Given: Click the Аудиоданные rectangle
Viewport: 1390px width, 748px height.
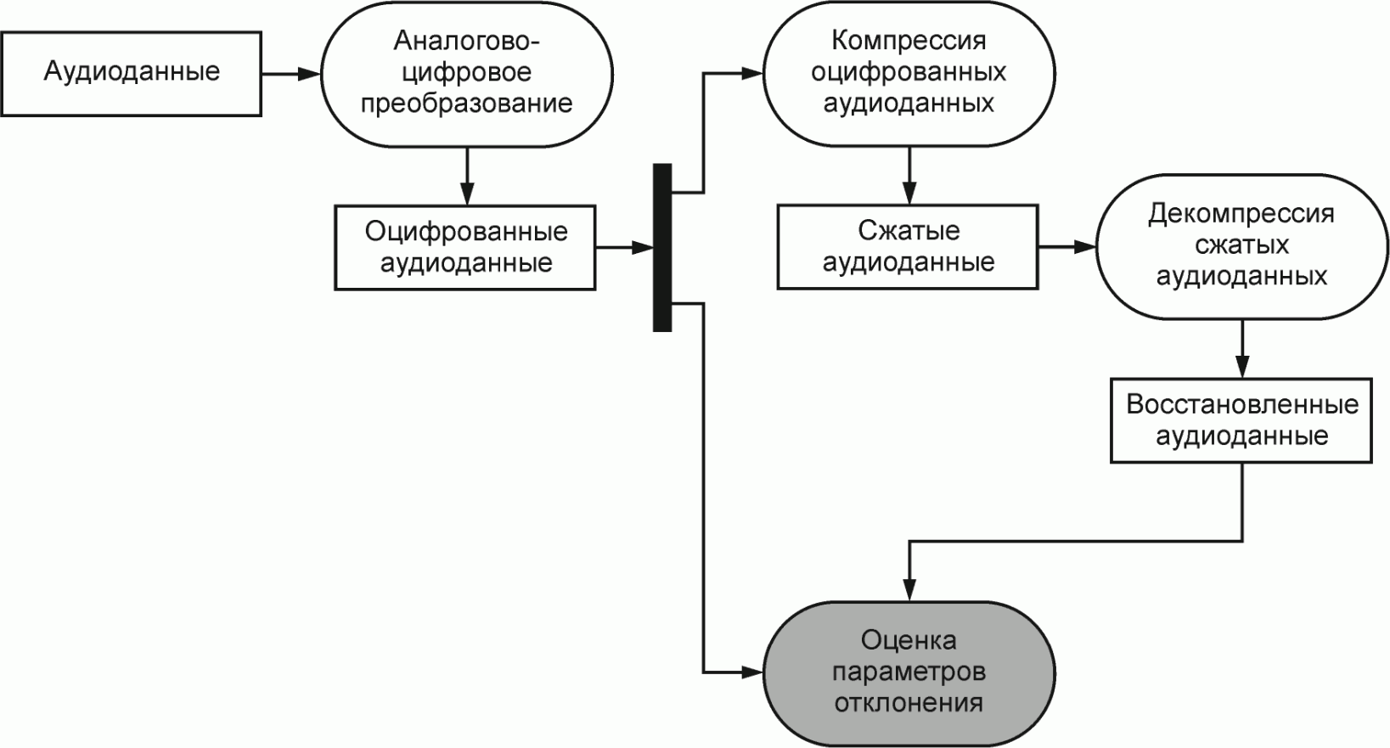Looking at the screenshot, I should [131, 74].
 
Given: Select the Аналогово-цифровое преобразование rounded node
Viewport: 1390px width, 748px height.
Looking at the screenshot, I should [466, 74].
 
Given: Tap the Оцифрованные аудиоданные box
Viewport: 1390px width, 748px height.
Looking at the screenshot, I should [465, 247].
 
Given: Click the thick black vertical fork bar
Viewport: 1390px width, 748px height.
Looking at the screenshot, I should [662, 247].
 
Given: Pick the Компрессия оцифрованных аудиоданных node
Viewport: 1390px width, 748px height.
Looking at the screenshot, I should [909, 74].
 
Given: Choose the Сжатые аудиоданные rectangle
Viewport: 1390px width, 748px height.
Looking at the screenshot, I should [908, 247].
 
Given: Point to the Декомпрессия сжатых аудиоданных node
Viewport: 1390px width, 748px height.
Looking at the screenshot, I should [1241, 247].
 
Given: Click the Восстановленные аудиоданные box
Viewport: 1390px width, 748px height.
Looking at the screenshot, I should [1241, 420].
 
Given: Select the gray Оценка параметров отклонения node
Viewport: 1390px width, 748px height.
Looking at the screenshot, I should [909, 673].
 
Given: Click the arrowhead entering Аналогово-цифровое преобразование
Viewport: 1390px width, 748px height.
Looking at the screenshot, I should [311, 74].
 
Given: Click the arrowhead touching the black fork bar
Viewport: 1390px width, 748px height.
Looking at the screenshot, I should [644, 247].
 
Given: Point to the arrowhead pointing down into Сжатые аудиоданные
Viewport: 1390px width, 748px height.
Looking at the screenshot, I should [909, 195].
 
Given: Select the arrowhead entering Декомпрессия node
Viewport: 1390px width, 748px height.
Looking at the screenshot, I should [1086, 247].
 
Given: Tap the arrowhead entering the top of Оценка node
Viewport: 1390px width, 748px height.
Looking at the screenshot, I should [909, 592].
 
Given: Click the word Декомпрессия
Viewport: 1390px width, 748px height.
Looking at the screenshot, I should [1241, 214].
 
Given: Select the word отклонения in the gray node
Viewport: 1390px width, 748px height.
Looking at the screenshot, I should [909, 704].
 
